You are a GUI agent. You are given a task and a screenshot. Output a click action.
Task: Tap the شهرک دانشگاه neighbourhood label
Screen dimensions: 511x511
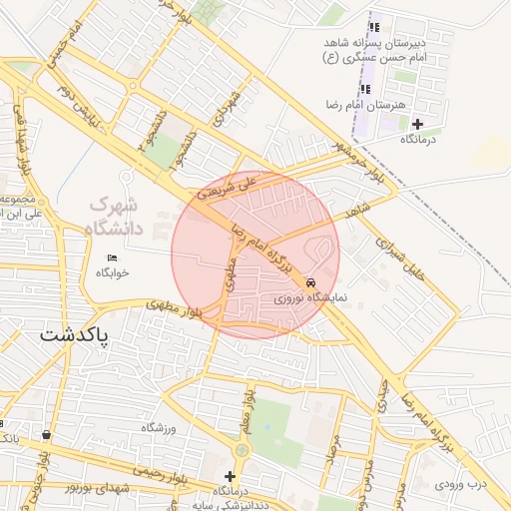(x=116, y=216)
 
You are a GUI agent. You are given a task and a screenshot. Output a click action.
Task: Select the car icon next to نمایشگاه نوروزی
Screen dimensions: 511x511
(x=313, y=282)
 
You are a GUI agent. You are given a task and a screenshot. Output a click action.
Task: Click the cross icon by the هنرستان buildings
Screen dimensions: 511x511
(x=417, y=124)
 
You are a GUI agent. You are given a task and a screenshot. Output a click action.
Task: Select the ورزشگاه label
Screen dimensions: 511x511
(x=158, y=428)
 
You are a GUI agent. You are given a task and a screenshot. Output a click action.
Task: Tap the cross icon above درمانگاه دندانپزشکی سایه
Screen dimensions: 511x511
(x=231, y=476)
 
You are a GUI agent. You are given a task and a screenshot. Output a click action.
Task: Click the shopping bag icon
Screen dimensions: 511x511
(x=47, y=434)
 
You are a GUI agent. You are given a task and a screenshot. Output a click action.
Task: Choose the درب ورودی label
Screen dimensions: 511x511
(x=462, y=486)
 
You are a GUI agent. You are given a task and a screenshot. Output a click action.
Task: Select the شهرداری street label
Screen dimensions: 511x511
(x=230, y=100)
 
